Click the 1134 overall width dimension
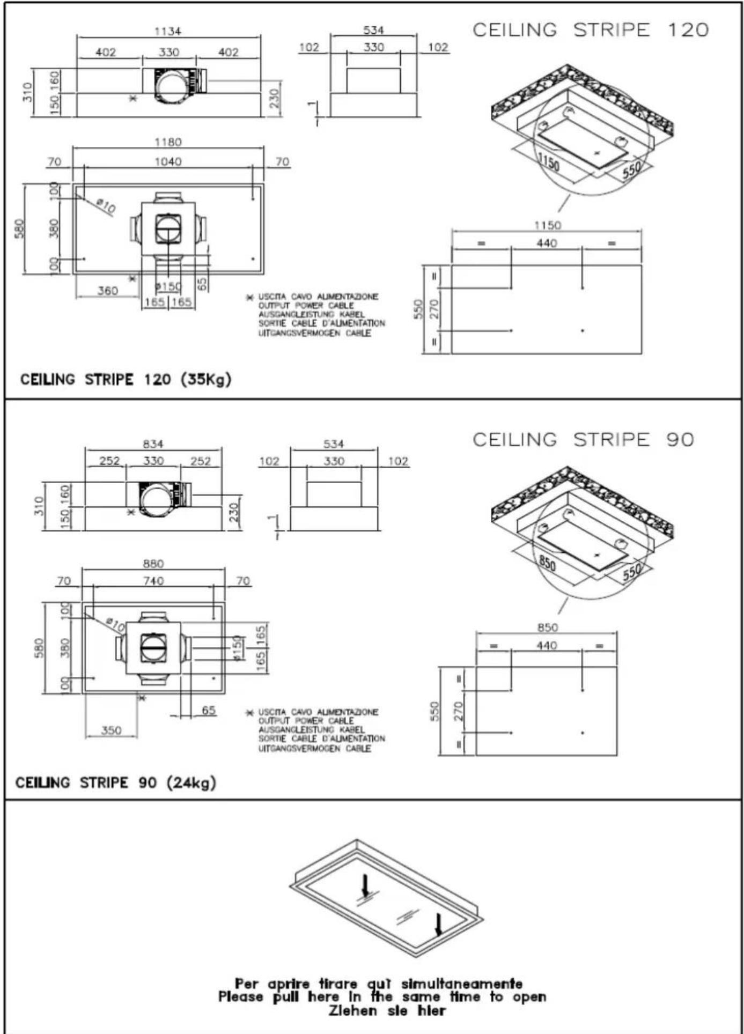[168, 31]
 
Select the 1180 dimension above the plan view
[168, 142]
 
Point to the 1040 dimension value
[168, 161]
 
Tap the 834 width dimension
[153, 444]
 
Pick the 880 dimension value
[153, 564]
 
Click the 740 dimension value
[153, 581]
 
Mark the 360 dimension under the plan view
[107, 291]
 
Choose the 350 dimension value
[111, 730]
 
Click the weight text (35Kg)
[207, 380]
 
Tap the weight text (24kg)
[191, 782]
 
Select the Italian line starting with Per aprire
[379, 984]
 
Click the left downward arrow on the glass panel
[366, 885]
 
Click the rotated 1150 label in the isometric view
[549, 162]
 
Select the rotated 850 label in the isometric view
[547, 563]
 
